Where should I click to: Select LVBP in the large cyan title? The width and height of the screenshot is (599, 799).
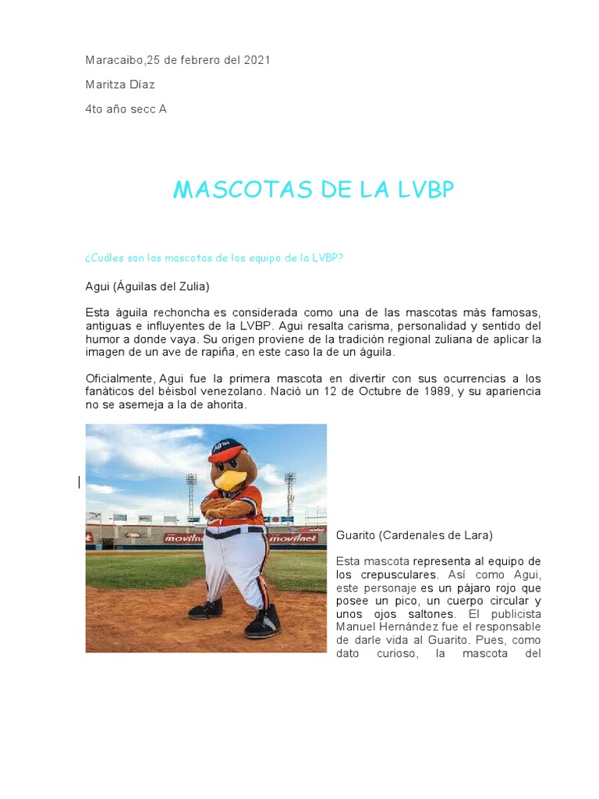click(x=418, y=190)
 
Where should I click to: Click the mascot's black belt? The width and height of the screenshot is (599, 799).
click(x=234, y=532)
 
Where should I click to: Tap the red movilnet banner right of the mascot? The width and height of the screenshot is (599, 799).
click(x=295, y=538)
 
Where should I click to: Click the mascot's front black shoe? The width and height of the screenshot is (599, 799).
click(x=263, y=622)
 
